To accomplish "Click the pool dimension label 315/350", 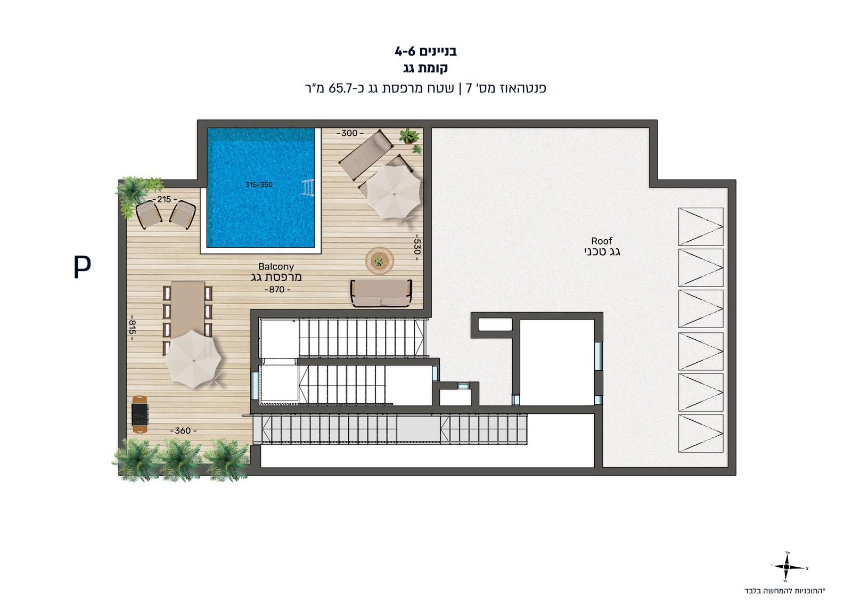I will [259, 185].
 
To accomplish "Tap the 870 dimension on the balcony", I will [277, 290].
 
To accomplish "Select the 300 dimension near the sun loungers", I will [350, 133].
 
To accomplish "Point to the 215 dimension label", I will [165, 199].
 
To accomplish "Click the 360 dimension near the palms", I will [183, 430].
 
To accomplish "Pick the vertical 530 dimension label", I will [417, 247].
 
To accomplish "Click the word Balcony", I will [276, 266].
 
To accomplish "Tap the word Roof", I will [602, 241].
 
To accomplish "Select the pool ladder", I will [308, 188].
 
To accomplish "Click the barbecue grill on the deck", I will [140, 414].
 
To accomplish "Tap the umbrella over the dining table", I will [192, 359].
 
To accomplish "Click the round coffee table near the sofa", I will [379, 261].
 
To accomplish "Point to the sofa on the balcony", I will [381, 294].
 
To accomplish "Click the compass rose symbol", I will [787, 567].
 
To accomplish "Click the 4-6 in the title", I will [404, 51].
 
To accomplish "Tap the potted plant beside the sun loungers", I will [409, 137].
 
